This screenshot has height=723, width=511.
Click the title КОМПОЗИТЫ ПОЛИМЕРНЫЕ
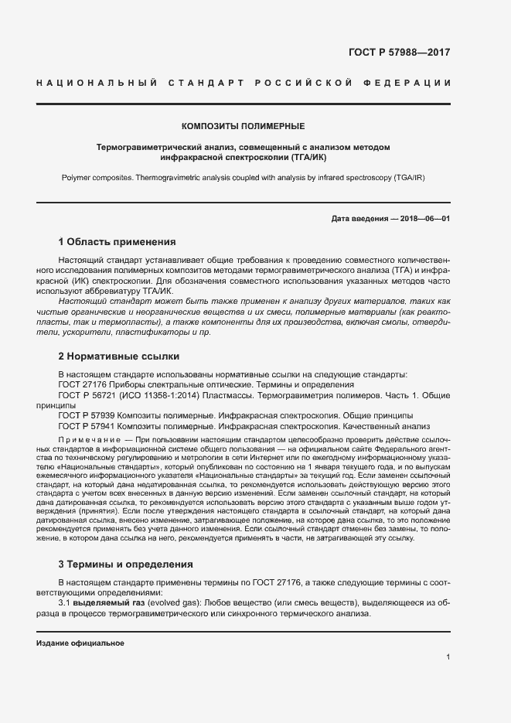[243, 125]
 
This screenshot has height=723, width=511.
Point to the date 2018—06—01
[420, 219]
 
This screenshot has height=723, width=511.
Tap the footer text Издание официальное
[80, 643]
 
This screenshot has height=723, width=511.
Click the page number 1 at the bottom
[448, 656]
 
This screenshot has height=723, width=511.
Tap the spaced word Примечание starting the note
[83, 438]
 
